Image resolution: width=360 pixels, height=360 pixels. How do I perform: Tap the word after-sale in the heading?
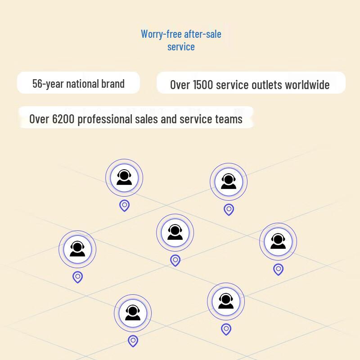(203, 34)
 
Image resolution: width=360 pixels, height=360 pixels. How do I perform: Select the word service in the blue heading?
(181, 47)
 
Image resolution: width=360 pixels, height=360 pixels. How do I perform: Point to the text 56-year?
(48, 84)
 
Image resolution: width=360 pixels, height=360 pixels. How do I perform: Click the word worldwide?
(307, 85)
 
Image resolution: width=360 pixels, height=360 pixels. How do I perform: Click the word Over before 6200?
(39, 119)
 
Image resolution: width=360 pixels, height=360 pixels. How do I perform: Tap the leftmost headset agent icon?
(77, 249)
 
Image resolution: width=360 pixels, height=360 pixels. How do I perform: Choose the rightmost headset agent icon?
(278, 241)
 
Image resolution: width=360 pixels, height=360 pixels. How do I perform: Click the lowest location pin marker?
(133, 341)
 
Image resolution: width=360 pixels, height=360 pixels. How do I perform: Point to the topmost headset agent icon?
(124, 177)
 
